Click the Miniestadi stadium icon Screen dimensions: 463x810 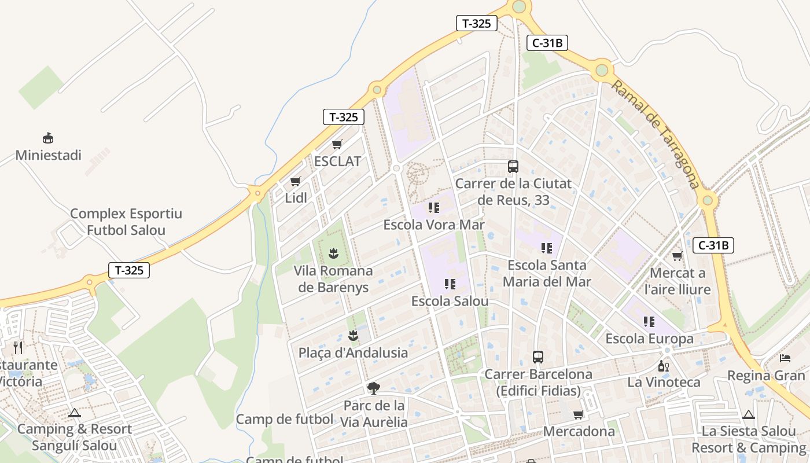[48, 138]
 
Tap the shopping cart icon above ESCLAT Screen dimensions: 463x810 [337, 144]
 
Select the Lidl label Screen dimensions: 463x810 [296, 198]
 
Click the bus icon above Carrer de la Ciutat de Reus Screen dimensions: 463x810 [513, 167]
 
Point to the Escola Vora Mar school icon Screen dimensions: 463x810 [434, 208]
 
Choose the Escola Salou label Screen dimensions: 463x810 [450, 302]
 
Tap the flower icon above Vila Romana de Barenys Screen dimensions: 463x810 [333, 253]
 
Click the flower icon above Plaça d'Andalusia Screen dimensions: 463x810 [353, 335]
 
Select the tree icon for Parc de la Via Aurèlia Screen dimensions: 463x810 [374, 388]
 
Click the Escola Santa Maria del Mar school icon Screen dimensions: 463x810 [547, 248]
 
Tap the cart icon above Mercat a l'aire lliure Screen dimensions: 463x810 [677, 256]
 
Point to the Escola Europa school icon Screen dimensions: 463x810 [649, 322]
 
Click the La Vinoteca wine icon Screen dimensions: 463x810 [664, 366]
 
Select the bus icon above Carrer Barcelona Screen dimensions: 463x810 [538, 357]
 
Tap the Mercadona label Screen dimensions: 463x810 [579, 432]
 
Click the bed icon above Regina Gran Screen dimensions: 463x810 [785, 358]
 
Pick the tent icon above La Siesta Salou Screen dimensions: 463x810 [749, 414]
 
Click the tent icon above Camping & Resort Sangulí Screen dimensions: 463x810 [74, 413]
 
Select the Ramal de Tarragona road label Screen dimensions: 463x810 [656, 134]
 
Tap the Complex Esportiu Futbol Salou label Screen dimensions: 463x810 [126, 222]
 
